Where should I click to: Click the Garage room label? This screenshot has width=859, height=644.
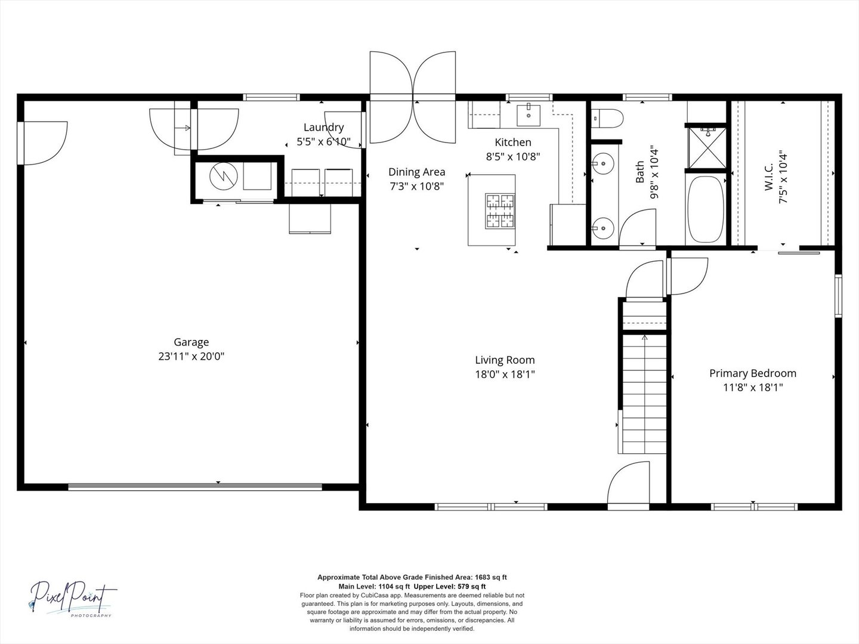[191, 342]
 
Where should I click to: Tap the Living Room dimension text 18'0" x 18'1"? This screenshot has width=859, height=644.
[505, 374]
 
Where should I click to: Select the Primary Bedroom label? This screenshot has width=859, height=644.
[753, 373]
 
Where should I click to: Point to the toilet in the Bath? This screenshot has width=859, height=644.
[607, 119]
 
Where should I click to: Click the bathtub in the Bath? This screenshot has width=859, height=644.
[706, 209]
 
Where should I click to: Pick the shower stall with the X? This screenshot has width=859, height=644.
[707, 148]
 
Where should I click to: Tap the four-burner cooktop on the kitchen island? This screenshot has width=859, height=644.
[500, 210]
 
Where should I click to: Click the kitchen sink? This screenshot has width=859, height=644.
[529, 114]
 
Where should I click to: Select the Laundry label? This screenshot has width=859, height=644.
[324, 127]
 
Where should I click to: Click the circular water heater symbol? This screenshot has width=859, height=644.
[224, 177]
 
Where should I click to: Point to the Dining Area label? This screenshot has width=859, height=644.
[416, 172]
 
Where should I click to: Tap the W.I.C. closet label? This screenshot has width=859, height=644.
[769, 177]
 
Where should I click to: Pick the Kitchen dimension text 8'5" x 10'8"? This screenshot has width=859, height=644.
[512, 156]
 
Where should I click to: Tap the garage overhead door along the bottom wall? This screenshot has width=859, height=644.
[195, 487]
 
